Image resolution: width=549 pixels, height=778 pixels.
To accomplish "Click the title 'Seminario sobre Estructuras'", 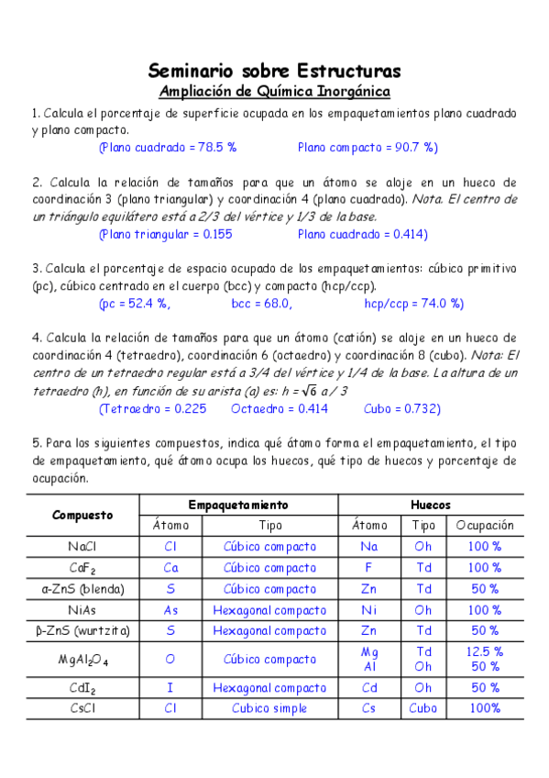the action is click(x=274, y=71).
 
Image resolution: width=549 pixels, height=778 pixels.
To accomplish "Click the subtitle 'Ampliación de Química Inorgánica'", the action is click(x=274, y=91).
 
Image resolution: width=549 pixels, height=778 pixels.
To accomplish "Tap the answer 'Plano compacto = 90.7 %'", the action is click(x=368, y=147).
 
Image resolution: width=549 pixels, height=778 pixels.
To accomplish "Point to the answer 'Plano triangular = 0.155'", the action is click(x=165, y=234).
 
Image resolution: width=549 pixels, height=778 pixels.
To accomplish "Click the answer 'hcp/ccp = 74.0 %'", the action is click(x=414, y=304).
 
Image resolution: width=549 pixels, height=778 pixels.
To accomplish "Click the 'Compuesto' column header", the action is click(x=82, y=515).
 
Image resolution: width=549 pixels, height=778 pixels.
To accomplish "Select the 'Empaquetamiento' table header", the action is click(x=238, y=505).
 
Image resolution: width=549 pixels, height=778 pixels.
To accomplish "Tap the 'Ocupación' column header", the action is click(x=485, y=526).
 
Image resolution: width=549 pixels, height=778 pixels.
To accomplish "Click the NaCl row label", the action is click(x=82, y=547).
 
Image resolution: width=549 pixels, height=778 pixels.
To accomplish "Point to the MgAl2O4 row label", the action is click(x=82, y=659).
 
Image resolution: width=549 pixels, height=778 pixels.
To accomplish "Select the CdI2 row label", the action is click(x=82, y=688).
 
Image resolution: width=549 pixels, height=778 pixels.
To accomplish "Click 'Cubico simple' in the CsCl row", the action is click(x=269, y=708).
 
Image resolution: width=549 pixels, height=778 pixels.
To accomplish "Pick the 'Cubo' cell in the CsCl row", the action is click(x=423, y=708).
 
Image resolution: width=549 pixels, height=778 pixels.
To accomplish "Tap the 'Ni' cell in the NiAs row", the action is click(x=370, y=609).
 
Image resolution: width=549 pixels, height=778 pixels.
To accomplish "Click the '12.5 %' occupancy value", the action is click(x=485, y=651).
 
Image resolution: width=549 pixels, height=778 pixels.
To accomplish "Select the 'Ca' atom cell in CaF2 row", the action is click(x=170, y=568).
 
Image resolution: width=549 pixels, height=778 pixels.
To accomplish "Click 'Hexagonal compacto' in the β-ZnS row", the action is click(x=269, y=630).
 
